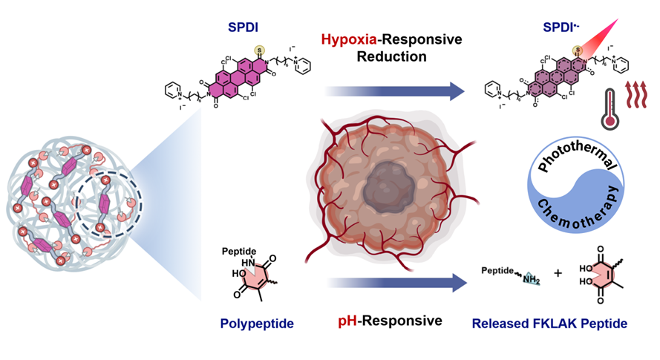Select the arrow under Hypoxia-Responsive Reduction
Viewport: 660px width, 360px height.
coord(393,92)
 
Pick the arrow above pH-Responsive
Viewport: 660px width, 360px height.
coord(393,284)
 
